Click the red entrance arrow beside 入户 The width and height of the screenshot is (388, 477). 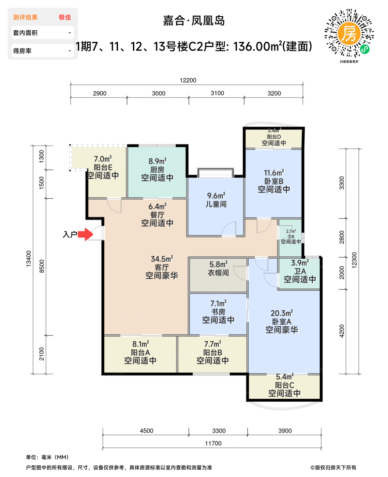(85, 234)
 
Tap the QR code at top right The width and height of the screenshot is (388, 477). (349, 33)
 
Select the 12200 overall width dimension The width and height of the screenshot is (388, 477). (188, 80)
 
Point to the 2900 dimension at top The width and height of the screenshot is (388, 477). (100, 93)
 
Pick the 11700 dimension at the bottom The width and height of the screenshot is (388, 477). (213, 443)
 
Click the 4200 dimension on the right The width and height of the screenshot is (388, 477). (342, 331)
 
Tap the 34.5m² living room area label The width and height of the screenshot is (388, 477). (162, 259)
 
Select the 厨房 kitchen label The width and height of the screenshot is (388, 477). (157, 169)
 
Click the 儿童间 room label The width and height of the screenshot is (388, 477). (216, 204)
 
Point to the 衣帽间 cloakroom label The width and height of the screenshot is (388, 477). (218, 273)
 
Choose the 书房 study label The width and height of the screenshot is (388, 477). (218, 312)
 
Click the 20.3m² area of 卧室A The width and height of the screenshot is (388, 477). (282, 313)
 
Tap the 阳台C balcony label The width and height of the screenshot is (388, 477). (284, 385)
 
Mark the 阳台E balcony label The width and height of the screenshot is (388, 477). (103, 167)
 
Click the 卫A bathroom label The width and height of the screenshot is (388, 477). (300, 271)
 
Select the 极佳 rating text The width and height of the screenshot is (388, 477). (65, 17)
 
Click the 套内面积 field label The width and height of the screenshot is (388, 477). (25, 33)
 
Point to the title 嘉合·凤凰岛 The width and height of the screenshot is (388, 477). (194, 21)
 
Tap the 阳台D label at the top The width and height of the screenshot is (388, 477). (274, 137)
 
